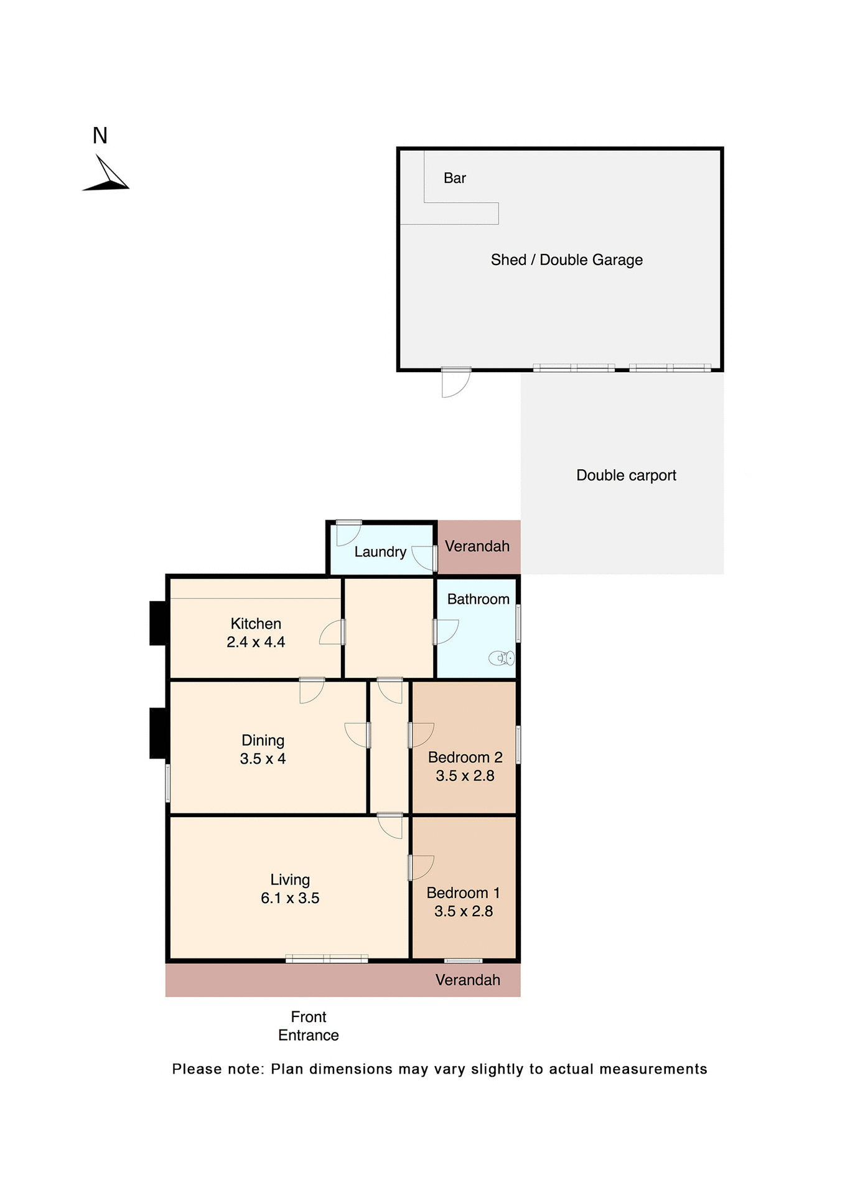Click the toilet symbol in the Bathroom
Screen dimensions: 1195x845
click(502, 658)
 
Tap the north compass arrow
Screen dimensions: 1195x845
click(107, 176)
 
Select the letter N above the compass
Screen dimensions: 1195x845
click(100, 136)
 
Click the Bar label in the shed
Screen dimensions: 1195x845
click(454, 179)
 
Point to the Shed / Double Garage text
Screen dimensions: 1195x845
click(566, 260)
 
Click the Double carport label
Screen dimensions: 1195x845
click(626, 476)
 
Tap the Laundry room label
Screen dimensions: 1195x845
click(380, 552)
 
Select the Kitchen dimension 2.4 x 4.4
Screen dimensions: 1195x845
click(256, 642)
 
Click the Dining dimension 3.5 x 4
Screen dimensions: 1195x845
click(263, 759)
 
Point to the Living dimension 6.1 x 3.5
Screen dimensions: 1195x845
click(290, 898)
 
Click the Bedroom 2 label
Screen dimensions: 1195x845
click(465, 757)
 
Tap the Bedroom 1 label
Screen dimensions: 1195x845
click(463, 893)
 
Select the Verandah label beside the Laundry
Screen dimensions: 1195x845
click(477, 546)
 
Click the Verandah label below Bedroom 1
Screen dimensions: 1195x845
click(468, 980)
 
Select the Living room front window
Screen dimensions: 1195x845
click(327, 959)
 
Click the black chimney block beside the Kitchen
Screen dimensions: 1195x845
click(157, 623)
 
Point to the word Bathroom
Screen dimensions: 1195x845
click(478, 599)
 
